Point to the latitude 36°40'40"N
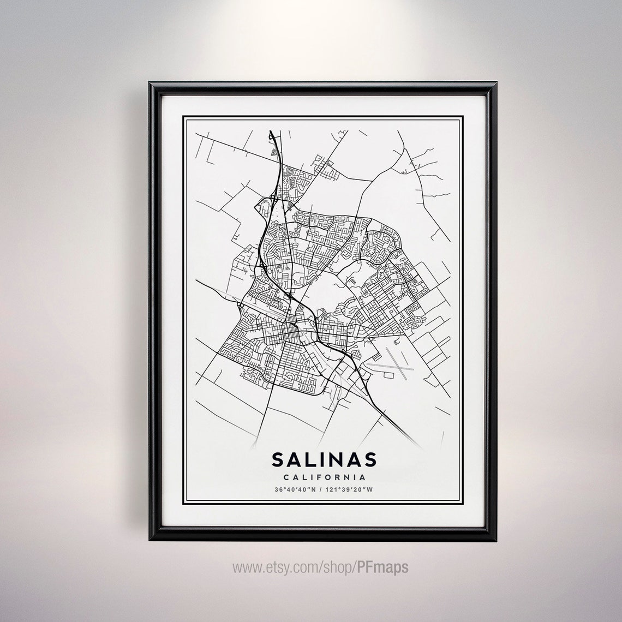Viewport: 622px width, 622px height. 294,489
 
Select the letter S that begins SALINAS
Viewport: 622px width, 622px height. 278,459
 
